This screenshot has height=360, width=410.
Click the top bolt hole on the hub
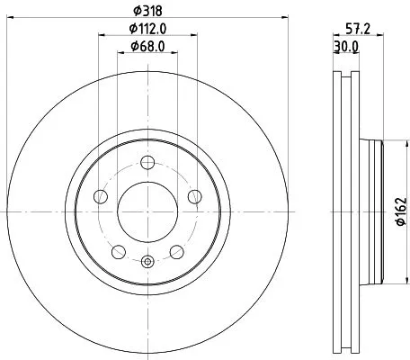pyautogui.click(x=147, y=162)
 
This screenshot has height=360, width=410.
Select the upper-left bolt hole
pyautogui.click(x=101, y=197)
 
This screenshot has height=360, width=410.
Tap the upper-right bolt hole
pyautogui.click(x=193, y=197)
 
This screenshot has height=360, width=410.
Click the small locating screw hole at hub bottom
pyautogui.click(x=147, y=262)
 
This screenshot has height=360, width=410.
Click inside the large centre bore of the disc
pyautogui.click(x=147, y=211)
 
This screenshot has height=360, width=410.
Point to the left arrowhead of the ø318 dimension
pyautogui.click(x=11, y=17)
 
